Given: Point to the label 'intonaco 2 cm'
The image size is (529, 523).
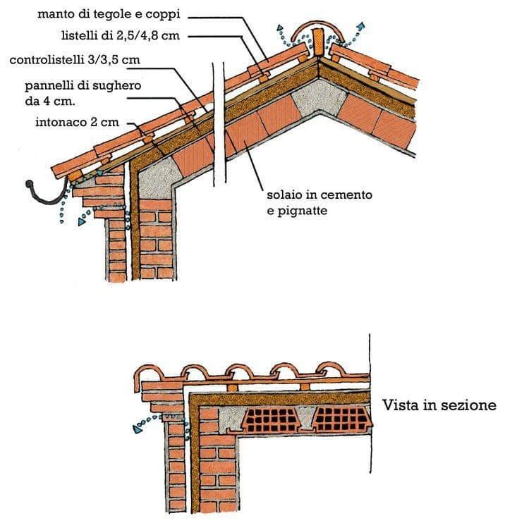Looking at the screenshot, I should click(77, 122).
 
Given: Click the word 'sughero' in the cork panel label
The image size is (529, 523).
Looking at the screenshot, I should click(119, 86).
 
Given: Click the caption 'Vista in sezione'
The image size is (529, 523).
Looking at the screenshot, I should click(439, 405).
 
